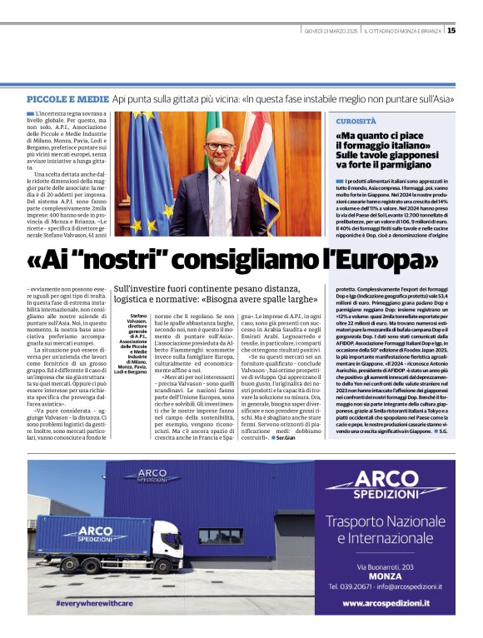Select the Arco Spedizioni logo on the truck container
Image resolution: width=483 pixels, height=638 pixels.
pyautogui.click(x=87, y=533)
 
